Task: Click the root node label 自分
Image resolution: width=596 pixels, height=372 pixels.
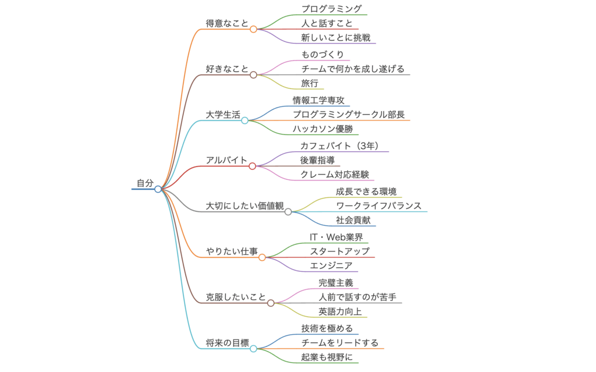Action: point(145,183)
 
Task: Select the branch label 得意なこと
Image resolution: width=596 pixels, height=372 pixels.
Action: point(227,23)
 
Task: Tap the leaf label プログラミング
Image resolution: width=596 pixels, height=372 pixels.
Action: point(331,9)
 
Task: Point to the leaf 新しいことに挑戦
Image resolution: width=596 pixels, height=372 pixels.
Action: point(335,38)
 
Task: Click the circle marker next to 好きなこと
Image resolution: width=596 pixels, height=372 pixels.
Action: point(253,75)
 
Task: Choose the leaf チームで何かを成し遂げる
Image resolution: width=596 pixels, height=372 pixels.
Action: point(353,69)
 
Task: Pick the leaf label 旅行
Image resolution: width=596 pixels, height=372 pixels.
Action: point(310,83)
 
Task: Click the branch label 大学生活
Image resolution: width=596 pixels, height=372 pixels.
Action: point(223,115)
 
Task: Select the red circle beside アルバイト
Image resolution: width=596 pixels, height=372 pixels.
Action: point(252,166)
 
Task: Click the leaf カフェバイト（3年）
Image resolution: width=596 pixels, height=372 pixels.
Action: point(343,146)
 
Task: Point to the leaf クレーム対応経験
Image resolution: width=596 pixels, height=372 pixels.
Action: point(334,175)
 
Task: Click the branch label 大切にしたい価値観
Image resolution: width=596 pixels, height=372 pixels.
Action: point(244,206)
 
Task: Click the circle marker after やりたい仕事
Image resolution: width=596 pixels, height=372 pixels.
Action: point(262,257)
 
